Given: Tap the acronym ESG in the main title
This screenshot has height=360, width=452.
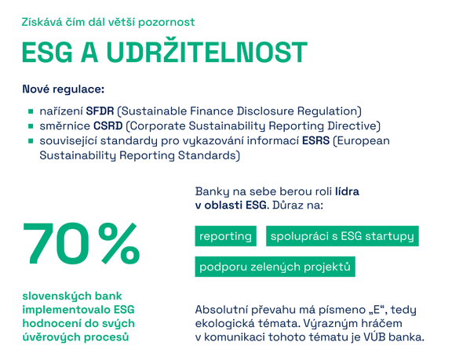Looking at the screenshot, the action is click(47, 52).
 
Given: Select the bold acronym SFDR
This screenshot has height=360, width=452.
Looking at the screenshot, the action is click(100, 111).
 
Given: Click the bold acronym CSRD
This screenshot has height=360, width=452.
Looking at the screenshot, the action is click(108, 125).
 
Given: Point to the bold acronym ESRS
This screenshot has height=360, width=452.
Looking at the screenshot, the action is click(315, 141).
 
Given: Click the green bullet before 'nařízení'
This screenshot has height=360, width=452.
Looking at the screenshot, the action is click(31, 111).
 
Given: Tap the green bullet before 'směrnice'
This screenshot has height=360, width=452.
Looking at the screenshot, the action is click(31, 126).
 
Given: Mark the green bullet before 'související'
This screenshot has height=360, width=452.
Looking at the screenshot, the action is click(31, 141).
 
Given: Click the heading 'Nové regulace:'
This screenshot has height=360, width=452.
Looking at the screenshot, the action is click(64, 89).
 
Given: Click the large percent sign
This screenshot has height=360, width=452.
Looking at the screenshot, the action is click(118, 243).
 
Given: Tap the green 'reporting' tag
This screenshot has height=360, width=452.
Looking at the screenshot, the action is click(225, 236).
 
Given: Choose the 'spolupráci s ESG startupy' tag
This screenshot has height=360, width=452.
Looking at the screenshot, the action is click(342, 236).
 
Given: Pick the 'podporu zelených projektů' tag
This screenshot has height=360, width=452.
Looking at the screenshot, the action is click(275, 267).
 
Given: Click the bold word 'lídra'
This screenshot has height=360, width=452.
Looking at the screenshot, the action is click(347, 191).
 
